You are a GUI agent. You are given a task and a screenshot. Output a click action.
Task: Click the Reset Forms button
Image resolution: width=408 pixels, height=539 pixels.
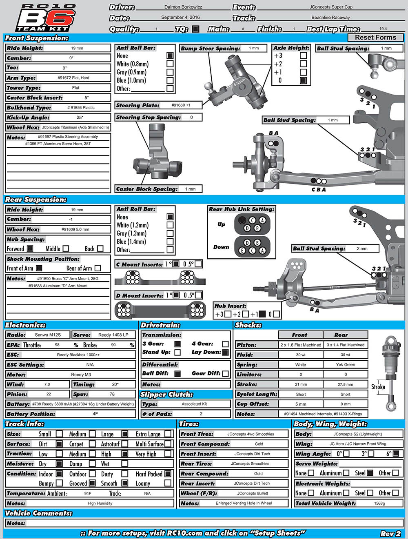coord(375,38)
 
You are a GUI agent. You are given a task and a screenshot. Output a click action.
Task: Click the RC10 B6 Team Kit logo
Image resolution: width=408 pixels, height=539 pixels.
coord(46,18)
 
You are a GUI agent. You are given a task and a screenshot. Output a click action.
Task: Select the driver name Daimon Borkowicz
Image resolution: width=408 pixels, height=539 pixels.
coord(183,7)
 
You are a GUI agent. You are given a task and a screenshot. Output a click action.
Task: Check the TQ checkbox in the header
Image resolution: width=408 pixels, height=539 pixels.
coord(196,29)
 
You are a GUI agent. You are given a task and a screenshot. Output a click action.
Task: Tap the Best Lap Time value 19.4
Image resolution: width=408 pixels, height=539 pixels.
coord(383,29)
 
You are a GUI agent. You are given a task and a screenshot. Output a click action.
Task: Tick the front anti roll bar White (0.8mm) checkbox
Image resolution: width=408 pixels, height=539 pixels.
coord(170,64)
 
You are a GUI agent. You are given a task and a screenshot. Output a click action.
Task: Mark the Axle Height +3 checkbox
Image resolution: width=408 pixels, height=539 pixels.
coord(303,55)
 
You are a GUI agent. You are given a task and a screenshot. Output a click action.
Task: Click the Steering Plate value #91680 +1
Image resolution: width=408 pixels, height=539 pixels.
coord(181,105)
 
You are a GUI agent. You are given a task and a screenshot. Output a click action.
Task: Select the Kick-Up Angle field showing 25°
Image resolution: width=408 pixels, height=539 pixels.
coord(80,118)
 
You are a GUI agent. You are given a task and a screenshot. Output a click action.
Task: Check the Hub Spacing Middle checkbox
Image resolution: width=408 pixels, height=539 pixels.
coord(66,248)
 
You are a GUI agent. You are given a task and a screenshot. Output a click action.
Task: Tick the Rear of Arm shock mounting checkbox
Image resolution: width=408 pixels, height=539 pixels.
coord(98,268)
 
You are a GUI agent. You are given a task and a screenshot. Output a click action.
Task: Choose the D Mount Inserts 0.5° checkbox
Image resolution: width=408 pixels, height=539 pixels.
coord(198,295)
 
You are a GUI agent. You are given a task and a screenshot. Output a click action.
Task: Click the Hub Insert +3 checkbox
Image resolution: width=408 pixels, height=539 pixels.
coord(228,314)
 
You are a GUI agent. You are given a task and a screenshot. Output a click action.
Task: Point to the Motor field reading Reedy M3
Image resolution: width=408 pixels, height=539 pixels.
coord(81,375)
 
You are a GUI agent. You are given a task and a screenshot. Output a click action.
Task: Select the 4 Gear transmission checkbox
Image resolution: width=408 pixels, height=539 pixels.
coord(225,344)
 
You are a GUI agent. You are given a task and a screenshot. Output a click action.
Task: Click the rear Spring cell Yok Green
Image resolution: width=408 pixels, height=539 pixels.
coord(345,365)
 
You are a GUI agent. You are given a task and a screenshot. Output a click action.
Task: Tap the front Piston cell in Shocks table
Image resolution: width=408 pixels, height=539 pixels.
coord(300,345)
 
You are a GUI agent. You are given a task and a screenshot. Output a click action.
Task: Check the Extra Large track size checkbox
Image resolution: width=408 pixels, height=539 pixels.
coord(168,434)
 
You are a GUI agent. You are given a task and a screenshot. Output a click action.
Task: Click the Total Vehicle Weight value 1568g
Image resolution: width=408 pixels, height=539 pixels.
coord(379,504)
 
